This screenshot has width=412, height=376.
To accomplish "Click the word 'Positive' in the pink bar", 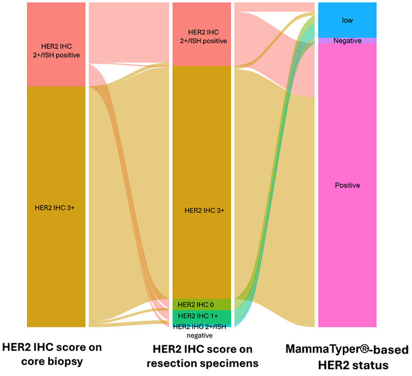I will click(347, 185).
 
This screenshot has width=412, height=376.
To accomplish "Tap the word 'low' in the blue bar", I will click(347, 21).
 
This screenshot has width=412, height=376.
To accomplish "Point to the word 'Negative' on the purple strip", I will click(347, 41).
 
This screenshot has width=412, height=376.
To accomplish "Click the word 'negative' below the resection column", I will click(200, 336).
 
